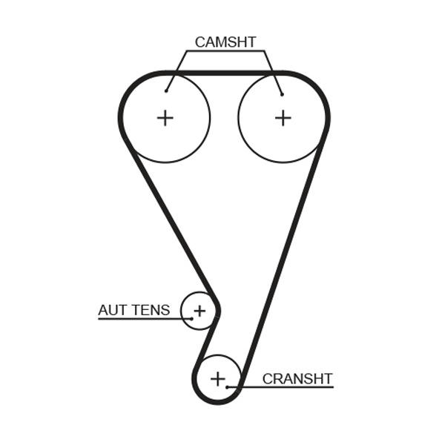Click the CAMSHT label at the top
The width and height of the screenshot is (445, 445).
[225, 42]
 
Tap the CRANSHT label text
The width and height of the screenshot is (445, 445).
[297, 379]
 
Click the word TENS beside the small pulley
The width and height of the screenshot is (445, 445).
[151, 310]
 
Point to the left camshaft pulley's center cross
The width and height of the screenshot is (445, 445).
[165, 117]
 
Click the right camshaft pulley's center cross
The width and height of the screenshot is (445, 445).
[283, 117]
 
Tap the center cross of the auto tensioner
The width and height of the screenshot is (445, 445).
[199, 310]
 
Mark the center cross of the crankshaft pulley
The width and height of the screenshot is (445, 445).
[217, 379]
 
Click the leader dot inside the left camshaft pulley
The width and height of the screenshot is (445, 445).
[166, 91]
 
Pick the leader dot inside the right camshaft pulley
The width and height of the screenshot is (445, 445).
[282, 94]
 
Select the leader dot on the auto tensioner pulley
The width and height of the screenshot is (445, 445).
[191, 318]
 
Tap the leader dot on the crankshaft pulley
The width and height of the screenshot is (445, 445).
[227, 386]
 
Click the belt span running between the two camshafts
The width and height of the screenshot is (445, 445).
[223, 73]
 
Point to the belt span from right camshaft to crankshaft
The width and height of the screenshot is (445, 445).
[286, 252]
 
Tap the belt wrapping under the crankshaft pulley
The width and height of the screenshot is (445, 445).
[216, 401]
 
